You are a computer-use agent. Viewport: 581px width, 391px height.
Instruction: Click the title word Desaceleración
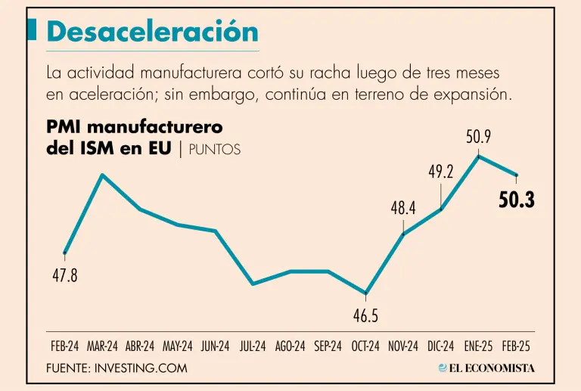(152, 31)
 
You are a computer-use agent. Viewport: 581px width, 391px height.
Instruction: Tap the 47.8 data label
(64, 276)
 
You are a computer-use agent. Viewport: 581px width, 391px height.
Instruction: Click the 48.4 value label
(403, 207)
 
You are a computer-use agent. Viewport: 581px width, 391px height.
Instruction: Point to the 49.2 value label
(440, 172)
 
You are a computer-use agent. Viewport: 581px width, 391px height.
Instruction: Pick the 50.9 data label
(478, 137)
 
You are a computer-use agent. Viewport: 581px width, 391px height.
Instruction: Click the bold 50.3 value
(517, 200)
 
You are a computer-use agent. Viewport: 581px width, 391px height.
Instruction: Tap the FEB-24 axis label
(65, 346)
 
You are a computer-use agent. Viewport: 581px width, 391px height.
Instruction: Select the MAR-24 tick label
(102, 346)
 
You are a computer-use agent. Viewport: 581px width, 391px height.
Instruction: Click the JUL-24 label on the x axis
(253, 346)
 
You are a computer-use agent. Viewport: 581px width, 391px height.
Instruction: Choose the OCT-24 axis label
(365, 346)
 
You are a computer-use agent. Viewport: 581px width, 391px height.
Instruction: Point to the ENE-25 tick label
(478, 346)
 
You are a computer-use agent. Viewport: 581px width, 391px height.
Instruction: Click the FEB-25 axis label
(516, 346)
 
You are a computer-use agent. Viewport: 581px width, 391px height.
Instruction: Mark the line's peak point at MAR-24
(102, 175)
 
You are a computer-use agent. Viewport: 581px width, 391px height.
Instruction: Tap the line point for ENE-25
(478, 156)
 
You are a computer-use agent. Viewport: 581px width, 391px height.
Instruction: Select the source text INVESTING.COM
(141, 368)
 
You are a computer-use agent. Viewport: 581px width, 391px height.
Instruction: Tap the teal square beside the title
(33, 29)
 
